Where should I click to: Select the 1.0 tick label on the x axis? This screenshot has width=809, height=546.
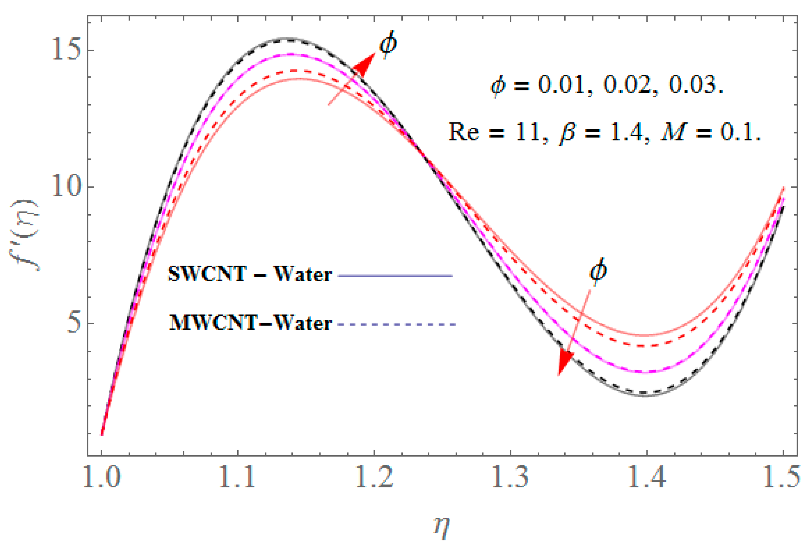101,477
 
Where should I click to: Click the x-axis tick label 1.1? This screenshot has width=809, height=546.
238,477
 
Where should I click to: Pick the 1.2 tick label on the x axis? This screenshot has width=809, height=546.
374,477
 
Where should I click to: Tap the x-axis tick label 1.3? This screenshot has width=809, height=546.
510,477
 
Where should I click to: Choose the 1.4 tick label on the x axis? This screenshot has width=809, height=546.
646,477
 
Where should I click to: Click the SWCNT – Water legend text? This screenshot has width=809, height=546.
250,275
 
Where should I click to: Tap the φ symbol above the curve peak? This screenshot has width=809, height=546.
388,44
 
